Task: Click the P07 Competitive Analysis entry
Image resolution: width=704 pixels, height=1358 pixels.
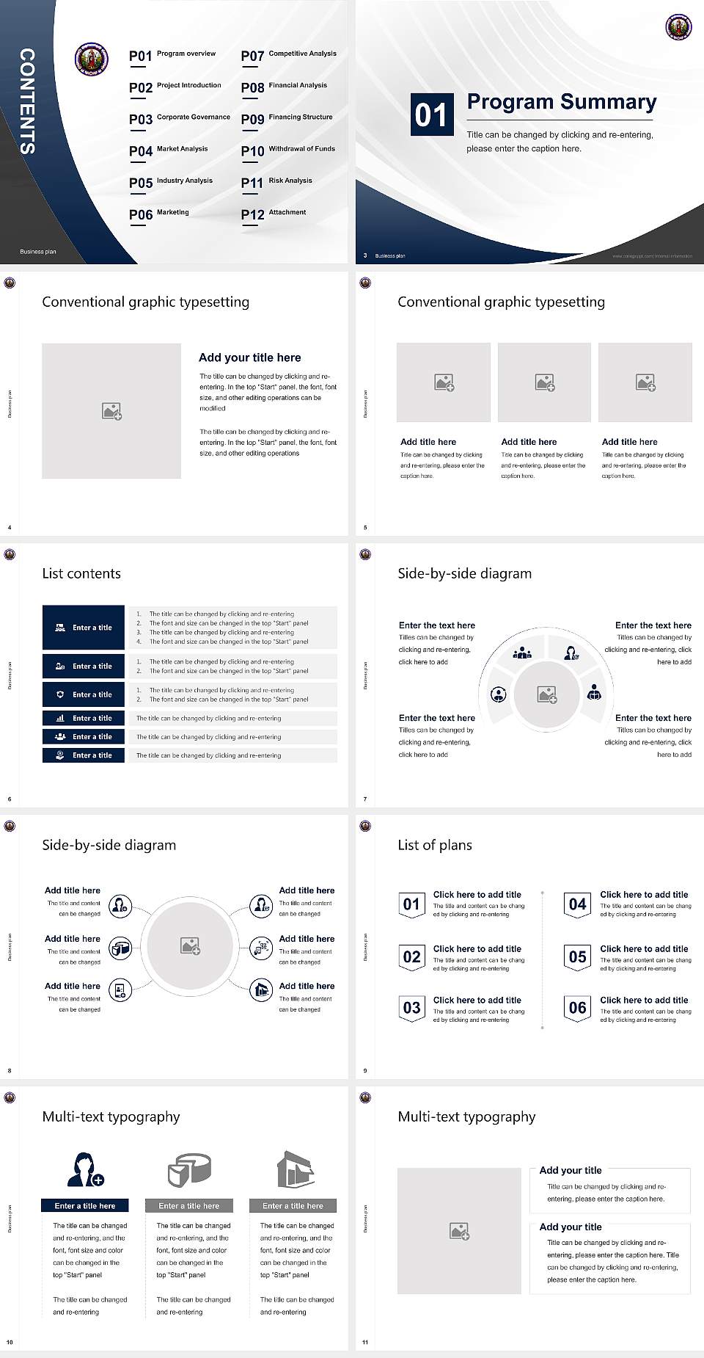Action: pos(289,55)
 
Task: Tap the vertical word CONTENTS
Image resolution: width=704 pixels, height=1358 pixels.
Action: pos(27,101)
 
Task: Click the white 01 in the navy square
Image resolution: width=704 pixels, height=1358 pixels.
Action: pos(430,115)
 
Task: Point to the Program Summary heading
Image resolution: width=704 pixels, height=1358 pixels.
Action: pos(561,102)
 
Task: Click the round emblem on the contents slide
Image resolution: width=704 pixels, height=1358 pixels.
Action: pos(92,58)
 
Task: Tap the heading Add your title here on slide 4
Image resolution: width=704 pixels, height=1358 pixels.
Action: pos(249,357)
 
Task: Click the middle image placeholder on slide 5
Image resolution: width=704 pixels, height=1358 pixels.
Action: pos(544,382)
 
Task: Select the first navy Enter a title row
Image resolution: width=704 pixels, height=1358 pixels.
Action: pos(84,628)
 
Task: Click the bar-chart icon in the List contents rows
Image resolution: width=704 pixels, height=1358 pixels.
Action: pos(60,718)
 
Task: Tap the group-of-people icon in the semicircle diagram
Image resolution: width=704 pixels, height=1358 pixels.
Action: pos(522,652)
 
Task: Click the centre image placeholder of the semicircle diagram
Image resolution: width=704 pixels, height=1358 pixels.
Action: pos(546,694)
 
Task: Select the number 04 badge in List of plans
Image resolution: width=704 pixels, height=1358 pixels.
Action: pos(577,904)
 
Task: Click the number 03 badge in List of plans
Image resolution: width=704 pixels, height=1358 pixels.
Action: pos(411,1008)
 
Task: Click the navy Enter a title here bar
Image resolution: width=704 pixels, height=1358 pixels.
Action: pos(85,1205)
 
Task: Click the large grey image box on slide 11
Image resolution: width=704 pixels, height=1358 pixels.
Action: pos(459,1231)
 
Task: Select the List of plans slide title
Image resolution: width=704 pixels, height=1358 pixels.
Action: pos(435,845)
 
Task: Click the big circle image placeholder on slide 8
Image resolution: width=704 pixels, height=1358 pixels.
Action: pos(190,945)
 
